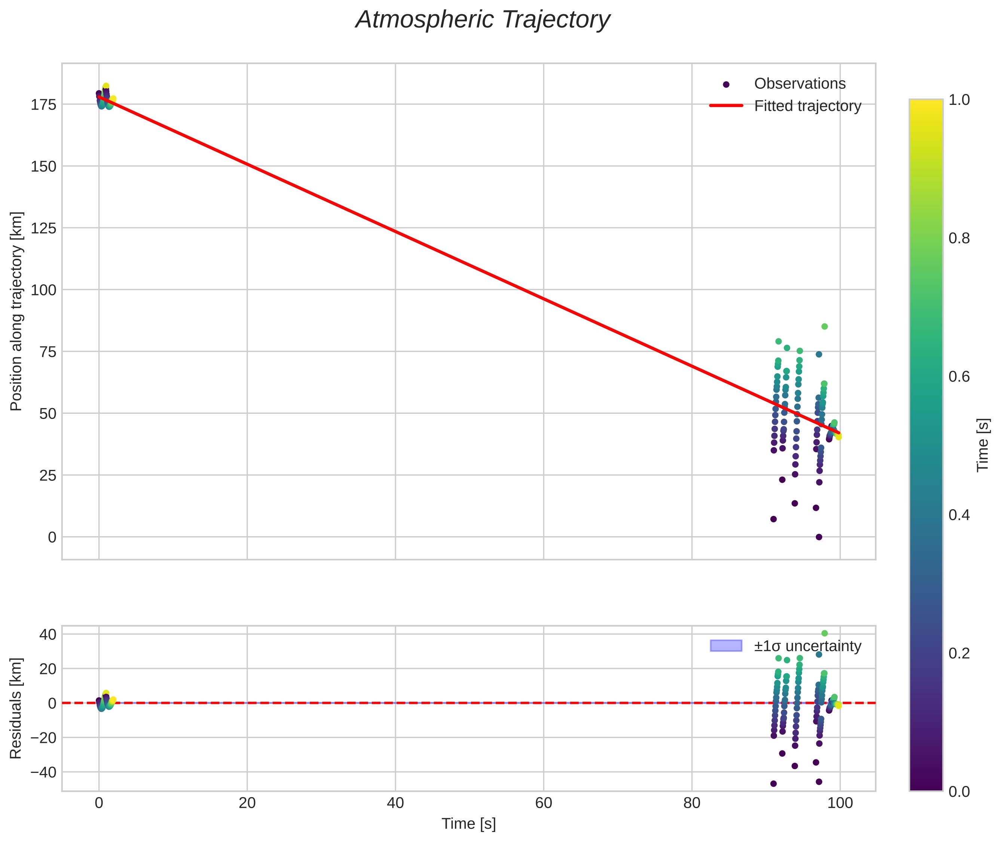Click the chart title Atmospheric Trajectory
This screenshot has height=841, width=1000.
click(482, 20)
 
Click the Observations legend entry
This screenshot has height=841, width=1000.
click(799, 84)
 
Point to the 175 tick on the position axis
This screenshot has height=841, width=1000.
click(43, 105)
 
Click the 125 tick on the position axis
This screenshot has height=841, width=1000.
click(43, 228)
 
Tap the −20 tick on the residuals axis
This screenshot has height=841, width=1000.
click(43, 738)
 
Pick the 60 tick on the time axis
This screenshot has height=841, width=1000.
click(543, 803)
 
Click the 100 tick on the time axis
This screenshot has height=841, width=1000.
click(840, 803)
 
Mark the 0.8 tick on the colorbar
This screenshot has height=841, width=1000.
click(958, 239)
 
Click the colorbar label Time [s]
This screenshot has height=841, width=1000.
click(982, 445)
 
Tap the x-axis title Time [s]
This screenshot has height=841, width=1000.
click(468, 824)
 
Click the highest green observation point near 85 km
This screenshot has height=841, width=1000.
click(824, 327)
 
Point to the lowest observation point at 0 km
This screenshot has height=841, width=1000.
click(819, 537)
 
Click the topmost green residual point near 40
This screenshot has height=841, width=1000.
click(824, 633)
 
